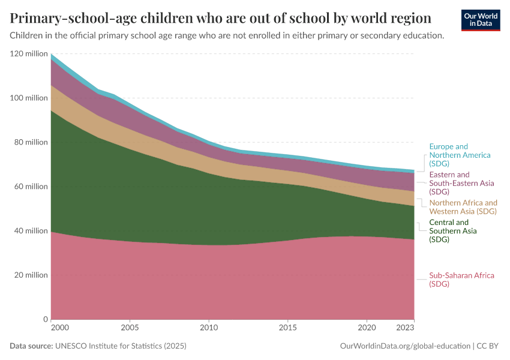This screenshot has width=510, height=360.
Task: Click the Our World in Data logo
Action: (480, 20)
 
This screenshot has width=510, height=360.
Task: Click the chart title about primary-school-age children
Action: (220, 17)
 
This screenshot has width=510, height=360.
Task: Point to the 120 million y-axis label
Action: (28, 54)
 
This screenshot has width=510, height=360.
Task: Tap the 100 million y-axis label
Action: (28, 98)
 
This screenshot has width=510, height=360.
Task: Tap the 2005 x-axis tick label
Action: (130, 328)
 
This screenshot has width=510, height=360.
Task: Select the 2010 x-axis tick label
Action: (209, 328)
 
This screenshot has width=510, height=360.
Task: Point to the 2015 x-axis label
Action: (288, 328)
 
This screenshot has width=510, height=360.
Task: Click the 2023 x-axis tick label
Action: (405, 328)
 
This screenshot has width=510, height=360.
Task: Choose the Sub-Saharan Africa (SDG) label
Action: (461, 280)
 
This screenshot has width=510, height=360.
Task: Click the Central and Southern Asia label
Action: (453, 231)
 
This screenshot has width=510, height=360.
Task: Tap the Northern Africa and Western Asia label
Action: (463, 207)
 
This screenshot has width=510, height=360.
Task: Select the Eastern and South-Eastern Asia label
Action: (461, 183)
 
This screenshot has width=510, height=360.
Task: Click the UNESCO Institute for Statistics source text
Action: (121, 346)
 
